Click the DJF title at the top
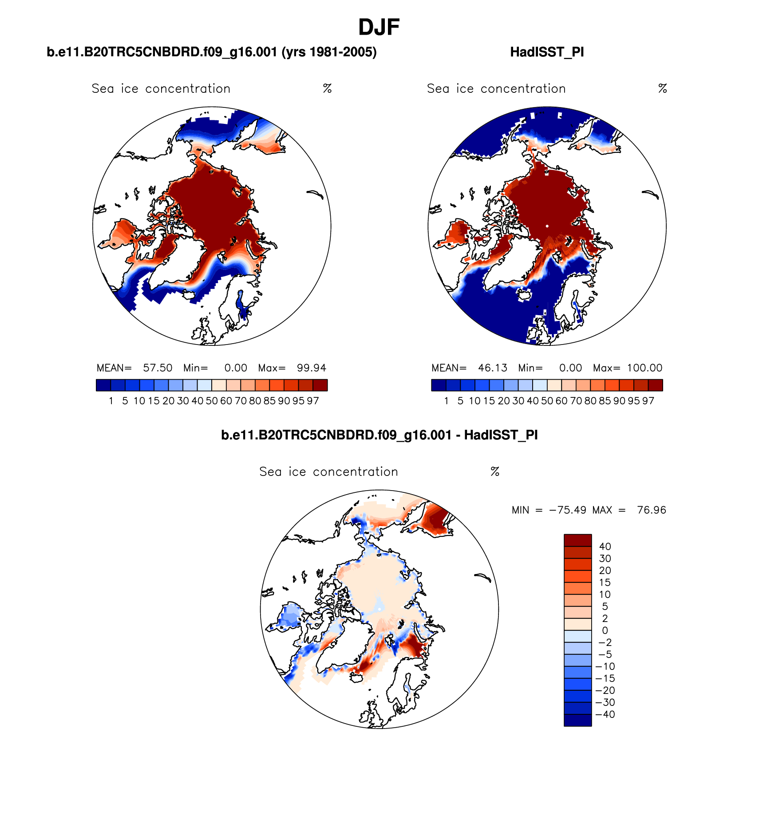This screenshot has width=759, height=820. click(379, 28)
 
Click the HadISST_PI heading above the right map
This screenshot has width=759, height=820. click(547, 52)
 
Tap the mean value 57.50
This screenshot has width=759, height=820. click(158, 368)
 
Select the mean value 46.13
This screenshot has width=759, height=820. click(492, 368)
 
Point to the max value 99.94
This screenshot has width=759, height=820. click(311, 368)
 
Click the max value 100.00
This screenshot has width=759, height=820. click(644, 368)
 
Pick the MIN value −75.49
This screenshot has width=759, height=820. click(567, 510)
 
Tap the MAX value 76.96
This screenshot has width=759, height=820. click(651, 510)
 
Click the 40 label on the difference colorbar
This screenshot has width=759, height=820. click(605, 547)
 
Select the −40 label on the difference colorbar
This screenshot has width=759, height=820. click(605, 714)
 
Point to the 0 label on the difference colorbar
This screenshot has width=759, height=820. click(605, 630)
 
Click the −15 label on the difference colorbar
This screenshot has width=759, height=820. click(605, 678)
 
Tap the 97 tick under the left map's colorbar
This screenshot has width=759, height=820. click(313, 401)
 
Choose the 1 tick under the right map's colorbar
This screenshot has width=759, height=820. click(446, 401)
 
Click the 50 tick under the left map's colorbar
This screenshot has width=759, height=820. click(212, 401)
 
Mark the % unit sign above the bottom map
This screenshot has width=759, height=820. click(495, 471)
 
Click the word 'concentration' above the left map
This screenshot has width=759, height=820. click(188, 89)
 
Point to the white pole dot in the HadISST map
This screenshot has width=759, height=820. click(547, 226)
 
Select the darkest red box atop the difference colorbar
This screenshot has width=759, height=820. click(577, 540)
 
